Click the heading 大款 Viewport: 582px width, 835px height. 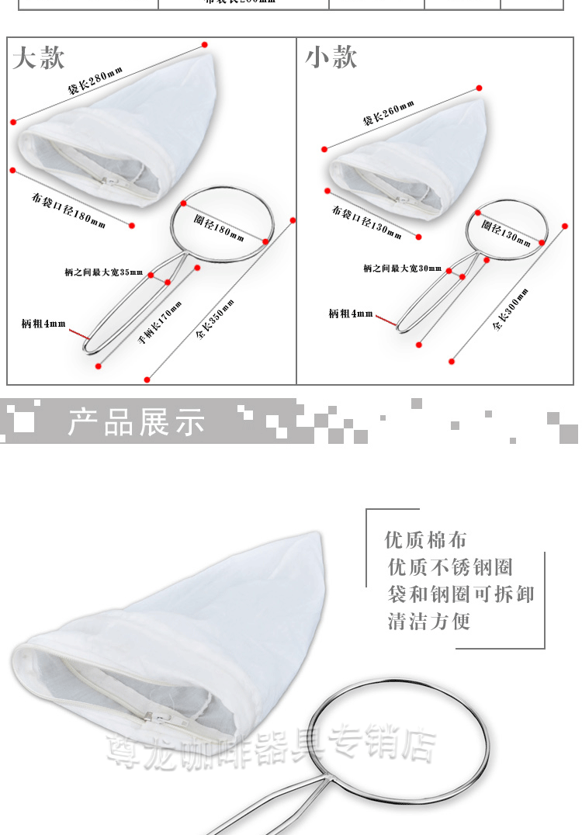point(39,57)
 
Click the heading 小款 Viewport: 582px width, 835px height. point(331,57)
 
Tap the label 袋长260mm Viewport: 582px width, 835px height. point(388,114)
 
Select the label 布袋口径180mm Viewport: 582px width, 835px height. point(68,210)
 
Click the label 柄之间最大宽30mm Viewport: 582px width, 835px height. point(402,269)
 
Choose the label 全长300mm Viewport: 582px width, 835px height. point(511,309)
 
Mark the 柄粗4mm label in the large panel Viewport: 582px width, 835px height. point(43,323)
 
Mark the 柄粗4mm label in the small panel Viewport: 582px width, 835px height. point(350,314)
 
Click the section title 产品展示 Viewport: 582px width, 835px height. point(137,422)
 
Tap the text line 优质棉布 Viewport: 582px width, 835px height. point(426,540)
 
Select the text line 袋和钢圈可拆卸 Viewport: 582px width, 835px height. point(461,594)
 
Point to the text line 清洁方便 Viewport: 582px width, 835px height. point(429,622)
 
